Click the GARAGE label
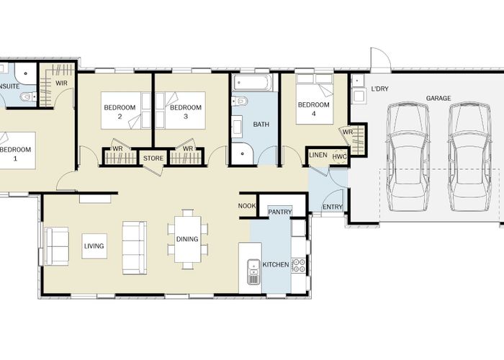point(438,98)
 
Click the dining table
point(187,238)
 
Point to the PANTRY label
point(279,212)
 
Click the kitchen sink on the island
point(253,273)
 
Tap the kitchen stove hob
point(298,265)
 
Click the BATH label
point(261,125)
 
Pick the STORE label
point(153,158)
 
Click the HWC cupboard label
point(339,156)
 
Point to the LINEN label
point(318,155)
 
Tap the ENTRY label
point(332,207)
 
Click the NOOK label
point(246,207)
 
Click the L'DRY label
point(379,89)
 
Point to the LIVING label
point(94,246)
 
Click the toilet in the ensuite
point(26,96)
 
